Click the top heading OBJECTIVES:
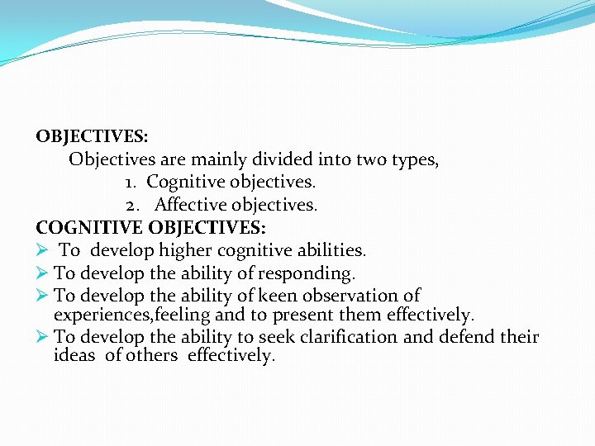point(92,136)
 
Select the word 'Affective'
point(190,204)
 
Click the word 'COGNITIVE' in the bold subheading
point(88,226)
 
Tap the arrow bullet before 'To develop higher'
point(43,249)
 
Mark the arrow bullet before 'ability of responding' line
point(43,273)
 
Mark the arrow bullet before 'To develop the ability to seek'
point(43,337)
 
